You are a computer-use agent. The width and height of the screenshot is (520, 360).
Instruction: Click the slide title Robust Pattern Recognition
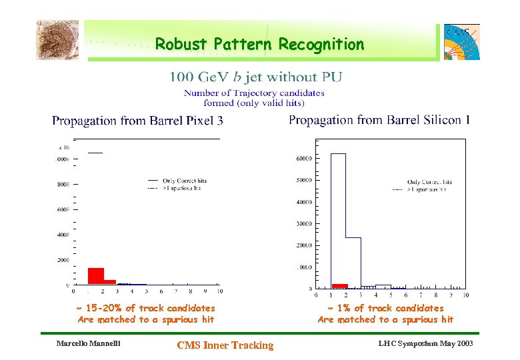coord(259,45)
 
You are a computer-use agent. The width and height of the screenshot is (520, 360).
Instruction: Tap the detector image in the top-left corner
coord(57,40)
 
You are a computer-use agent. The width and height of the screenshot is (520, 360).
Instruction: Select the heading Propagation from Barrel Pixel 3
coord(137,121)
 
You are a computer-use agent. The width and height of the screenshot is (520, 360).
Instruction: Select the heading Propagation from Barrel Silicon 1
coord(379,120)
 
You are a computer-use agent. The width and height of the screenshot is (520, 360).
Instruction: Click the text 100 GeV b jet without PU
coord(256,77)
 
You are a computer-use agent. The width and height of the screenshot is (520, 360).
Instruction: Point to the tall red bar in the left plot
coord(95,275)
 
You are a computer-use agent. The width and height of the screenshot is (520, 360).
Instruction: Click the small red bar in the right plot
coord(340,285)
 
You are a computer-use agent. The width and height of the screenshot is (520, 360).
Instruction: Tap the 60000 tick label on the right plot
coord(303,158)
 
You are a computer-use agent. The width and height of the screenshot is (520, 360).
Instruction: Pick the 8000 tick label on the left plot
coord(62,185)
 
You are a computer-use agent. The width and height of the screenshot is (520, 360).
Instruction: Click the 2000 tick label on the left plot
coord(62,260)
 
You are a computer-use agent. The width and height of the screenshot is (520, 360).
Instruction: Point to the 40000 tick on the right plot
coord(303,201)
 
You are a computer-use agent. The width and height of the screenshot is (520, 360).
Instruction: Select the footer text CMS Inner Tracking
coord(225,345)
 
